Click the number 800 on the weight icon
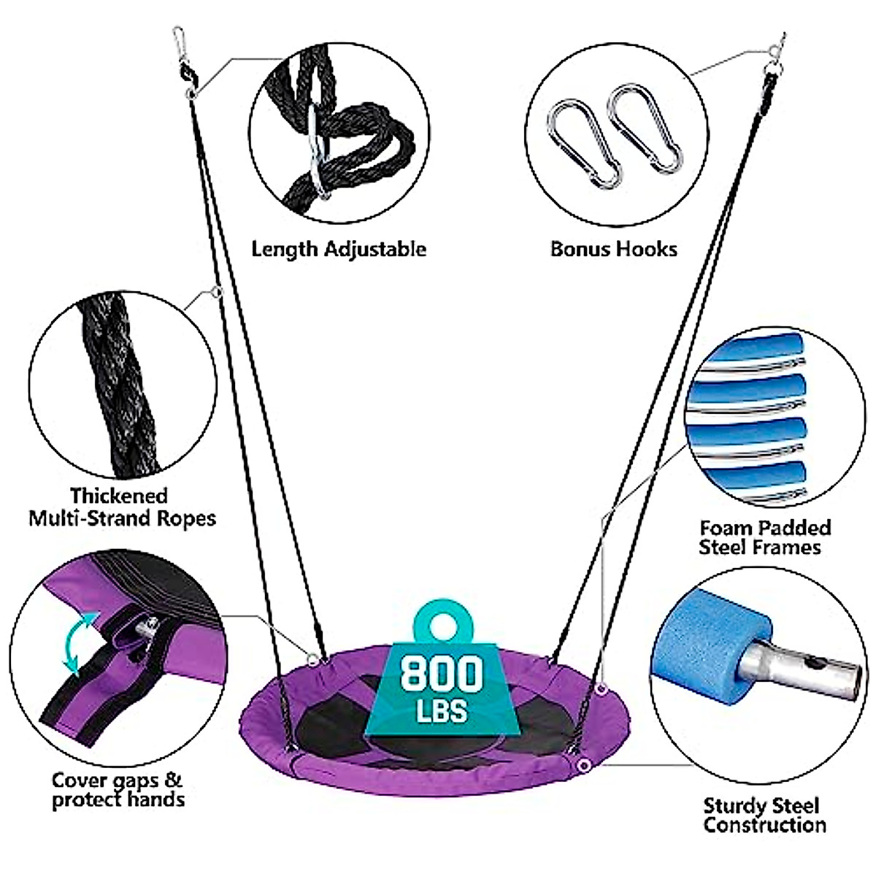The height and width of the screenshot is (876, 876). click(442, 673)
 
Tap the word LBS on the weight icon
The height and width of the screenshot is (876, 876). click(442, 710)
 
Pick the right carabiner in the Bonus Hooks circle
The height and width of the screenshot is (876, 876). click(646, 128)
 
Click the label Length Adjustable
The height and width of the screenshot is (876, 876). click(339, 249)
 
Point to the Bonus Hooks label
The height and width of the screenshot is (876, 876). click(614, 249)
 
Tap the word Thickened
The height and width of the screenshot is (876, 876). click(119, 496)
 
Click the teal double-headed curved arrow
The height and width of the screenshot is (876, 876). click(79, 642)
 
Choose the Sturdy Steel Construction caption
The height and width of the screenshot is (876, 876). click(764, 815)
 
